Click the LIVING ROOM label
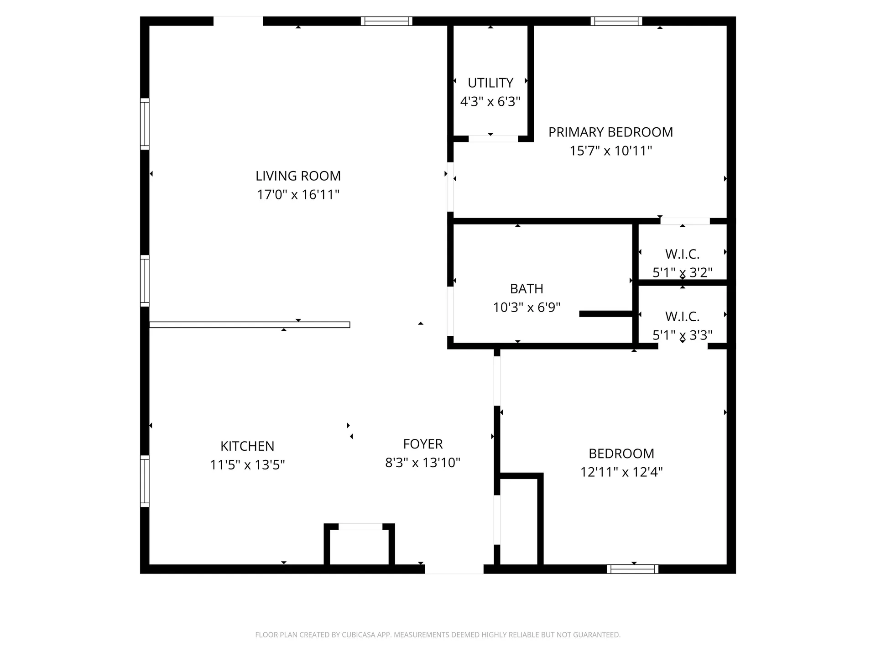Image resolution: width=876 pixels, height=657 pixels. (298, 176)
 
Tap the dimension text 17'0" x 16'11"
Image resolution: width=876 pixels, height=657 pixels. (298, 195)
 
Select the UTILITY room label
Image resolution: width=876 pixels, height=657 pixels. (490, 83)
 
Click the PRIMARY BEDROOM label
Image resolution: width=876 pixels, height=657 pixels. (610, 132)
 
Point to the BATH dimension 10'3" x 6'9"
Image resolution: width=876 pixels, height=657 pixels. (527, 308)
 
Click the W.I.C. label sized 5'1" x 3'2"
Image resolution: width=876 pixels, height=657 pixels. (682, 254)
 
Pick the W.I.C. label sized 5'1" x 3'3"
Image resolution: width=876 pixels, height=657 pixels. (682, 316)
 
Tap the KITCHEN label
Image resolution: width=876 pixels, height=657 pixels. (247, 446)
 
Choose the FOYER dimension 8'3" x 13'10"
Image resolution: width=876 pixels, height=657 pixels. (422, 463)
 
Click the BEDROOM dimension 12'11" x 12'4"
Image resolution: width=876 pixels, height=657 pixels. (621, 472)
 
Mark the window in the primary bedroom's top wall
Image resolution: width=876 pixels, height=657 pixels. (616, 21)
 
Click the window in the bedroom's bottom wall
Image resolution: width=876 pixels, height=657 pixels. (632, 569)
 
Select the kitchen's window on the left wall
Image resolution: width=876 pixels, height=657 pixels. (145, 481)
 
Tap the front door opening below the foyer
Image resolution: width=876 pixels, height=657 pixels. (454, 569)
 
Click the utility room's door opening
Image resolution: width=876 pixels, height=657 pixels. (493, 139)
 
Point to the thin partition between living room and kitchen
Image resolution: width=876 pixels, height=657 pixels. (250, 325)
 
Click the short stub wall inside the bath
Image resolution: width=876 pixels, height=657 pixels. (605, 314)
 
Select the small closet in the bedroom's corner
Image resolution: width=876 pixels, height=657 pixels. (519, 520)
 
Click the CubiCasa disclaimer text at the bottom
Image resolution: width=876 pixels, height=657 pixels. (438, 635)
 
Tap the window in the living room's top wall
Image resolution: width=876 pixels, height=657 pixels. (386, 21)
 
